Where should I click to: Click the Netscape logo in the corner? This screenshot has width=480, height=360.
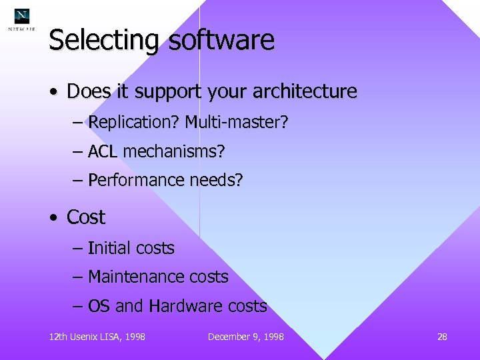[22, 19]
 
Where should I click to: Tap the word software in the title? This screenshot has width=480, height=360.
[221, 40]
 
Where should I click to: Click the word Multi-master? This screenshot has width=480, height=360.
[237, 123]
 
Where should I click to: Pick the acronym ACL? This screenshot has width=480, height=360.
[103, 152]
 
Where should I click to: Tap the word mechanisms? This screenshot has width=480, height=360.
[174, 152]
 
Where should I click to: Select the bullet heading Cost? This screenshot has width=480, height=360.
[86, 217]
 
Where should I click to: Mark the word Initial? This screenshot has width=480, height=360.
[109, 249]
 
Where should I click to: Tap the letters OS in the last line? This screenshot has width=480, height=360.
[99, 307]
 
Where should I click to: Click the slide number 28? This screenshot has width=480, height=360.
[442, 337]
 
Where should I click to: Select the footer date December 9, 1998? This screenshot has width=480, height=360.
[245, 337]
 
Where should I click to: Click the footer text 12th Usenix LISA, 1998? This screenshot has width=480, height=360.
[97, 337]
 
